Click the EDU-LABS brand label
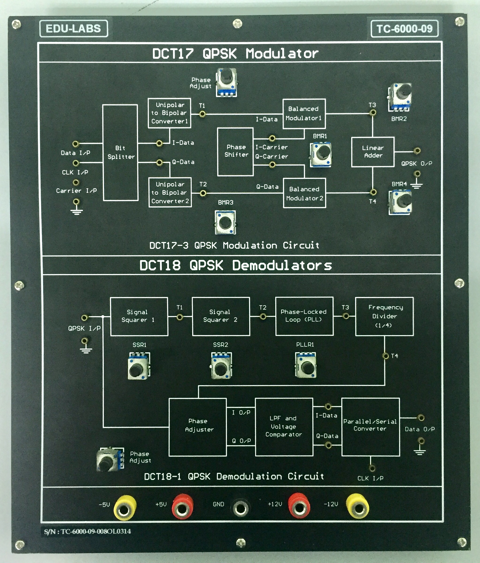(73, 29)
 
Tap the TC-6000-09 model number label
(404, 29)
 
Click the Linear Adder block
(373, 152)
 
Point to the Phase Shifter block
(235, 151)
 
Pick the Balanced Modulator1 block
(304, 113)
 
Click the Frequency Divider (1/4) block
(384, 316)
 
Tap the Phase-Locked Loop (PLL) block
(304, 316)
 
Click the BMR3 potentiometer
(225, 222)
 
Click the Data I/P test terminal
(76, 144)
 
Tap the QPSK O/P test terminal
(417, 150)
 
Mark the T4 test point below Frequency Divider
(385, 356)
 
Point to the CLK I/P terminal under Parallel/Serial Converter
(372, 468)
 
